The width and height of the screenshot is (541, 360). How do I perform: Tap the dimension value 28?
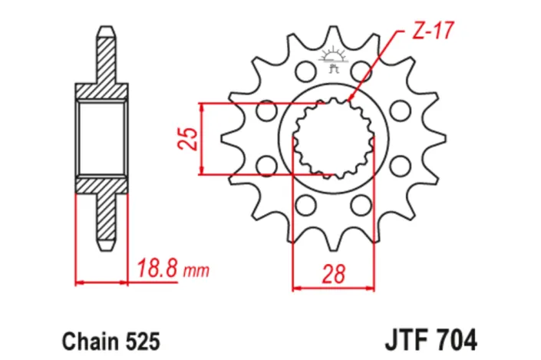(x=336, y=272)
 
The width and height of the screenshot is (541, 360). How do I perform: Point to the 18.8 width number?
(x=157, y=269)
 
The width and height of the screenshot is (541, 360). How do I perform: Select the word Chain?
(x=85, y=339)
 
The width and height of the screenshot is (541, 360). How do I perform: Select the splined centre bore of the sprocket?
(x=334, y=138)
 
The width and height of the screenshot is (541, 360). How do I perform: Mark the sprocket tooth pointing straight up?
(x=334, y=35)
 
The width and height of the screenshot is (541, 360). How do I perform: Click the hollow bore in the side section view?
(x=102, y=138)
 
